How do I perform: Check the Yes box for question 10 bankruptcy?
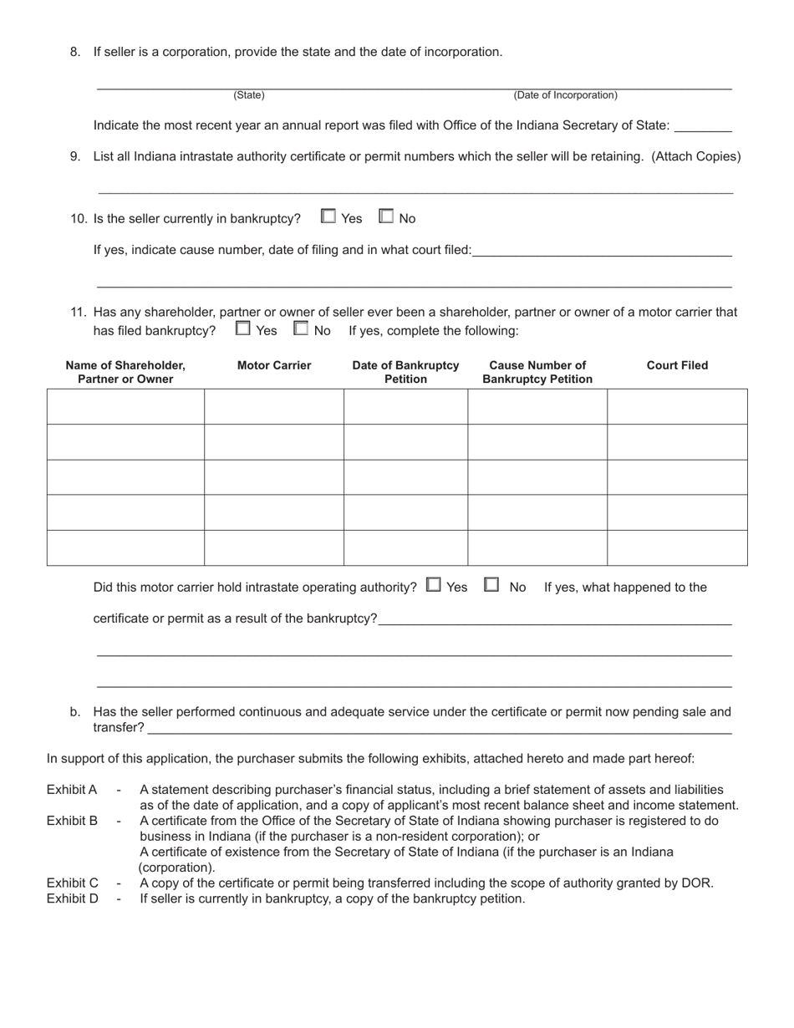pyautogui.click(x=328, y=216)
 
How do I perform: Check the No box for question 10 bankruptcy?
pyautogui.click(x=386, y=216)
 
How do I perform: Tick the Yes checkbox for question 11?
pyautogui.click(x=243, y=328)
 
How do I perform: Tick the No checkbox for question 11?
pyautogui.click(x=301, y=328)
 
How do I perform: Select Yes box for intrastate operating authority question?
pyautogui.click(x=434, y=585)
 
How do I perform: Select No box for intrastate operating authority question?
pyautogui.click(x=492, y=585)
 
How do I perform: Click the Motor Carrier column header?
pyautogui.click(x=274, y=365)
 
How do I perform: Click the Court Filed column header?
pyautogui.click(x=677, y=365)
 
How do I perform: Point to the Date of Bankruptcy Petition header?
pyautogui.click(x=405, y=372)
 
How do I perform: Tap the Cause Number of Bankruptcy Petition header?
pyautogui.click(x=537, y=372)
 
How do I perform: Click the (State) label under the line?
pyautogui.click(x=249, y=95)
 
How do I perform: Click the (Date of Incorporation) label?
pyautogui.click(x=565, y=95)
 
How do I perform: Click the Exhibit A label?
pyautogui.click(x=72, y=789)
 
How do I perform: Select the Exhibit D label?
pyautogui.click(x=72, y=898)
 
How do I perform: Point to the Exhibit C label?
pyautogui.click(x=72, y=883)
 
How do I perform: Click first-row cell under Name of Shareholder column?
pyautogui.click(x=125, y=407)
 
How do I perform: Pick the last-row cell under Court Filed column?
pyautogui.click(x=677, y=548)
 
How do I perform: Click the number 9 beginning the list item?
pyautogui.click(x=75, y=156)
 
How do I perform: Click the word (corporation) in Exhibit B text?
pyautogui.click(x=176, y=868)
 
